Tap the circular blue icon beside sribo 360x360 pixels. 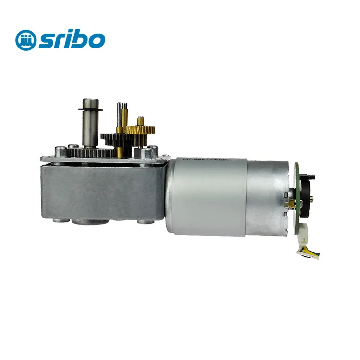(x=25, y=40)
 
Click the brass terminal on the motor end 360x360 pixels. (x=289, y=204)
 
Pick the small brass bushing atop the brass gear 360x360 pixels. (x=141, y=119)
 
